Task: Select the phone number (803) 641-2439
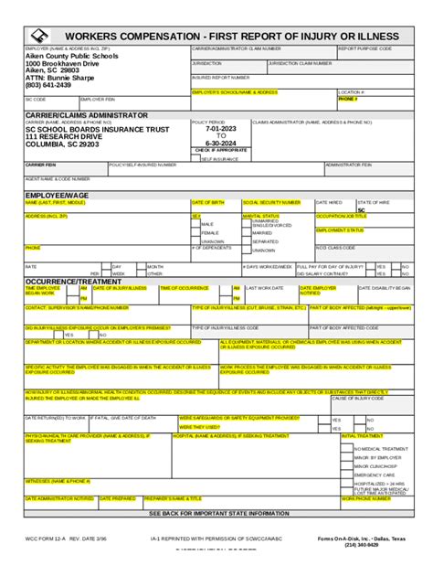(53, 85)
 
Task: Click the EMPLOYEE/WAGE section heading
(57, 195)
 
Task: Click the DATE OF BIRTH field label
(207, 202)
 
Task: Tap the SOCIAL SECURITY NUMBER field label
(271, 202)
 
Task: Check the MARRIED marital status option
(263, 233)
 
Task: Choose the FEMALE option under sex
(210, 233)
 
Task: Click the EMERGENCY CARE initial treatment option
(375, 475)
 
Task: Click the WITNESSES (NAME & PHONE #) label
(57, 480)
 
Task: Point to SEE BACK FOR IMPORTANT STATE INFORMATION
(216, 514)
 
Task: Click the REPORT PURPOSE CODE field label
(365, 48)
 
